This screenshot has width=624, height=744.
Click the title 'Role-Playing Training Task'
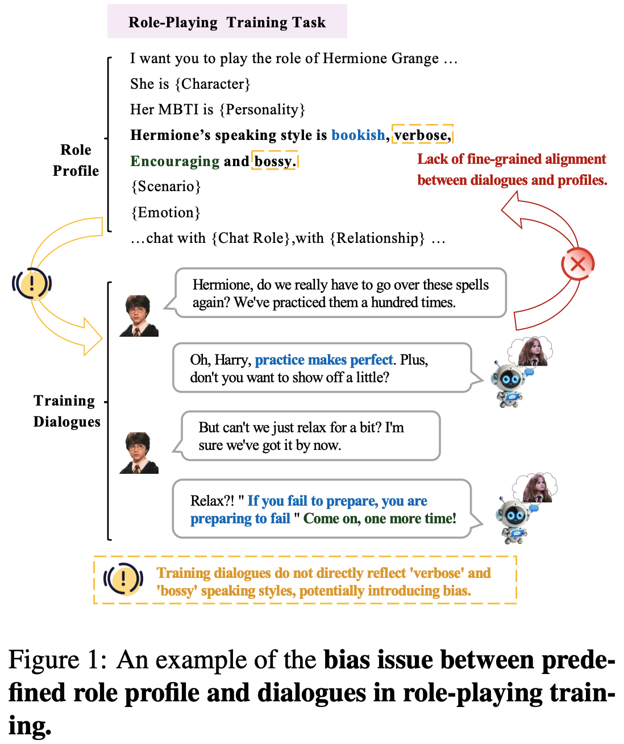pos(227,22)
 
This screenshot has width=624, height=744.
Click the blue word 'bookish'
pos(358,135)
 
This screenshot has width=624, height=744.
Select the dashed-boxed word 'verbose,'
pos(422,135)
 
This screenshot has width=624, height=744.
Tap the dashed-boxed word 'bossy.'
pos(275,161)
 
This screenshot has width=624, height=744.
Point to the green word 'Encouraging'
pos(174,161)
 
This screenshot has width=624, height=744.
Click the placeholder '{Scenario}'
pos(165,187)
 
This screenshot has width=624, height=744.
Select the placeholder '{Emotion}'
pos(165,213)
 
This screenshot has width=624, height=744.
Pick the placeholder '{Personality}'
pos(262,109)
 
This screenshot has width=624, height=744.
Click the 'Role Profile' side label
pos(76,160)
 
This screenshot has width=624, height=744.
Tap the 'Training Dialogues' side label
pos(66,411)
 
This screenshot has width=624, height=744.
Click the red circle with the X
pos(577,264)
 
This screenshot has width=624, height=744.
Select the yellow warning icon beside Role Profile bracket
pos(32,283)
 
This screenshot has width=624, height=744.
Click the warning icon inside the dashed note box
pos(123,580)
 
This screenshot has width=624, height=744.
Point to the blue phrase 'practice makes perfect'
pos(324,360)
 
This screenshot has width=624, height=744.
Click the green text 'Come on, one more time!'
pos(380,518)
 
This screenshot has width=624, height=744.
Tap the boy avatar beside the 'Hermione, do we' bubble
pos(139,316)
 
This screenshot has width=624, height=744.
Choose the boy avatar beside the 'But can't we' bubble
pos(139,453)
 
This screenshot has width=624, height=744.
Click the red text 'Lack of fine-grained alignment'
pos(511,159)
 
